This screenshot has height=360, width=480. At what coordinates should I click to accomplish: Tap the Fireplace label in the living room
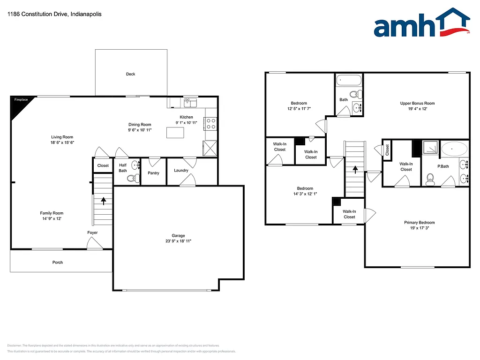click(x=21, y=100)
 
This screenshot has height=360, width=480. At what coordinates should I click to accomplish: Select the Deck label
click(x=130, y=74)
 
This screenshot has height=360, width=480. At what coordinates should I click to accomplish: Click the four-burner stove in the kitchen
click(x=210, y=123)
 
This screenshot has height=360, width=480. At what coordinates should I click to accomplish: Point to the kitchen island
click(x=175, y=133)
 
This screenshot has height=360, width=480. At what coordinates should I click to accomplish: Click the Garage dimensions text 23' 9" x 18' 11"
click(x=178, y=241)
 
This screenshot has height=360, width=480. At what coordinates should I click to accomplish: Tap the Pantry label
click(x=153, y=173)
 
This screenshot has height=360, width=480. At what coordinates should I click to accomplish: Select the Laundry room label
click(x=181, y=170)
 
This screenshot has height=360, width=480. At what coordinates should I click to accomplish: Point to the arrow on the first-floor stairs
click(x=103, y=200)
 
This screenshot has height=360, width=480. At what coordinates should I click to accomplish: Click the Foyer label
click(x=92, y=232)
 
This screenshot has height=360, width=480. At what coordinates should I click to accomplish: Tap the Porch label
click(x=57, y=262)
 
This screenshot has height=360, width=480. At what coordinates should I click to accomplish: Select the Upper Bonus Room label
click(x=417, y=104)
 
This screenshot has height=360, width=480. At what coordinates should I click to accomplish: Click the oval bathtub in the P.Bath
click(x=454, y=150)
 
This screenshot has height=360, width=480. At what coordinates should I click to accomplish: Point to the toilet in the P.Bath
click(x=429, y=179)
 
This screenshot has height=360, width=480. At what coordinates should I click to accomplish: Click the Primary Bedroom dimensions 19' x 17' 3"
click(x=420, y=228)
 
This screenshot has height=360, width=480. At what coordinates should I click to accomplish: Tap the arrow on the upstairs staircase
click(x=355, y=169)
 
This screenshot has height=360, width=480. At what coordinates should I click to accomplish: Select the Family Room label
click(x=52, y=213)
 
